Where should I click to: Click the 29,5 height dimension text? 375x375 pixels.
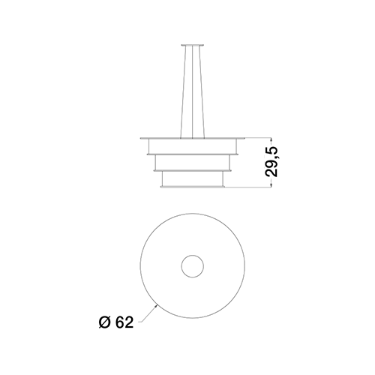(x=271, y=162)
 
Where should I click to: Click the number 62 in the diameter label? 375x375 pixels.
(x=124, y=322)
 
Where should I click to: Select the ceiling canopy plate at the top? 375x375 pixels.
(x=192, y=45)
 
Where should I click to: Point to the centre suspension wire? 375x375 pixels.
(x=193, y=91)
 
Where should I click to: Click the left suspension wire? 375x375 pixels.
(x=183, y=91)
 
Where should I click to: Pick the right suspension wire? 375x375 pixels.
(x=202, y=91)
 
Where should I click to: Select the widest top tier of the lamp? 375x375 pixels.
(x=193, y=146)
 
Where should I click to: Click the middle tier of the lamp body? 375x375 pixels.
(x=193, y=163)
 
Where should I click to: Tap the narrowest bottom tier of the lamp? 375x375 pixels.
(x=193, y=178)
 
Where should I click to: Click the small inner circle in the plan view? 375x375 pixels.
(x=193, y=255)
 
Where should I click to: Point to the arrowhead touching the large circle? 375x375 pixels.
(x=156, y=306)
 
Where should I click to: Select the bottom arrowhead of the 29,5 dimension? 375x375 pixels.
(x=271, y=185)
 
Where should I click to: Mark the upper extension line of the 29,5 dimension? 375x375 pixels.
(x=257, y=137)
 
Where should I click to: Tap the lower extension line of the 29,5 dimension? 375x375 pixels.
(x=248, y=187)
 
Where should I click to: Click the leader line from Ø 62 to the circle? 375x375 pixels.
(x=148, y=314)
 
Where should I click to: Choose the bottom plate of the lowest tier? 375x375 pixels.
(x=193, y=187)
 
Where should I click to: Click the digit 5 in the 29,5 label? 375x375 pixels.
(x=271, y=152)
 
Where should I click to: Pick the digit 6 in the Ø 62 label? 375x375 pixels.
(x=119, y=322)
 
